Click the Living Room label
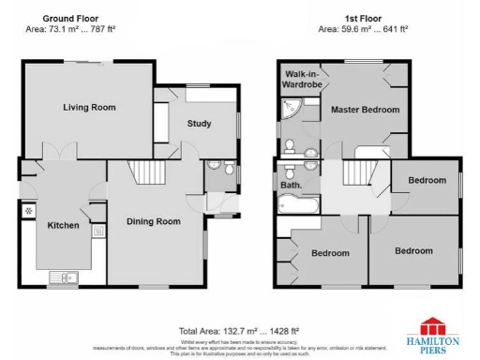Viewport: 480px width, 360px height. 89,108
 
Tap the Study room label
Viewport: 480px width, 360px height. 199,124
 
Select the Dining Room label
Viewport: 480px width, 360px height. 153,222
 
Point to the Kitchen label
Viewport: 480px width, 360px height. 64,226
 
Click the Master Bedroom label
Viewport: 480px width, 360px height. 365,110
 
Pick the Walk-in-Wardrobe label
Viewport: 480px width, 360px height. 302,80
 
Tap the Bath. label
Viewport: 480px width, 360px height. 291,186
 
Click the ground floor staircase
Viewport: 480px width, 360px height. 145,173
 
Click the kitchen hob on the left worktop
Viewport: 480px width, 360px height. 28,210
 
